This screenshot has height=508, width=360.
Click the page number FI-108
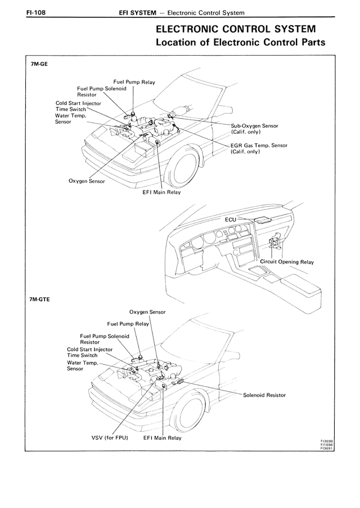pos(35,12)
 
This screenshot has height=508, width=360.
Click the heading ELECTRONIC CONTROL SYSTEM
pos(236,29)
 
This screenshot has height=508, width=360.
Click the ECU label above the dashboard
pos(231,220)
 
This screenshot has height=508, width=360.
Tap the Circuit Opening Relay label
pos(287,262)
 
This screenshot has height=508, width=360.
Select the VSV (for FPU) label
pos(110,438)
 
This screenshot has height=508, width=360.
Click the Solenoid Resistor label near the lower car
pos(264,395)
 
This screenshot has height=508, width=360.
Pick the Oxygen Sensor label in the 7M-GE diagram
pos(87,182)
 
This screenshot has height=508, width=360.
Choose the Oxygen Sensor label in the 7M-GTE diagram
pos(147,312)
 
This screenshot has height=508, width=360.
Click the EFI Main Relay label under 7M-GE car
pos(161,192)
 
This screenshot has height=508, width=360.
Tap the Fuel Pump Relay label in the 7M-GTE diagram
pos(128,324)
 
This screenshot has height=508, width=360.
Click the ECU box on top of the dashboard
pos(263,220)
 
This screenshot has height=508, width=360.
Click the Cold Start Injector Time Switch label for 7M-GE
pos(78,106)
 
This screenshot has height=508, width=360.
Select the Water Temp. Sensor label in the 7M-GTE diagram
pos(82,366)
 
